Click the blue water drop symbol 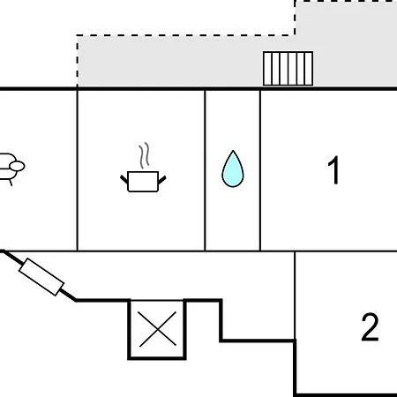click(x=233, y=169)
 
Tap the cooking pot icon click(x=143, y=182)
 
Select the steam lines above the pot click(x=145, y=155)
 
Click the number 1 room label click(x=334, y=170)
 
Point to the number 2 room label click(x=370, y=327)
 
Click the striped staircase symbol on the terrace click(x=288, y=69)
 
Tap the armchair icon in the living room click(x=11, y=169)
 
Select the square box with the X click(x=157, y=329)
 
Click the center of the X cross click(x=158, y=329)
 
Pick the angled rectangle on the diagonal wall click(x=41, y=277)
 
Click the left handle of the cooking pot click(x=124, y=179)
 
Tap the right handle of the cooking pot click(x=162, y=180)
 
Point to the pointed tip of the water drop click(x=233, y=151)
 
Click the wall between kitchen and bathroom click(x=205, y=170)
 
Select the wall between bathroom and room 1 click(x=260, y=170)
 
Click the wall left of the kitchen click(x=78, y=170)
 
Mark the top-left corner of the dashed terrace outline click(x=78, y=36)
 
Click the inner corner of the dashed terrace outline click(x=295, y=35)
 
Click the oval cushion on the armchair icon click(x=17, y=166)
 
